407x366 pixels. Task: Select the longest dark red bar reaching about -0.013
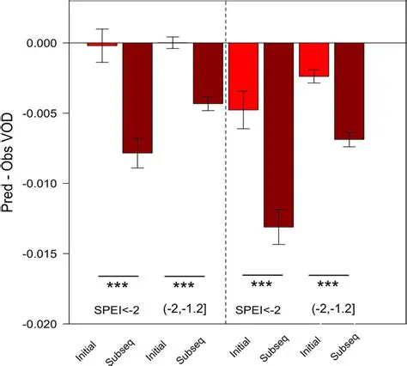tap(278, 135)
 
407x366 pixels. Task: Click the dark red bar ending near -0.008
tap(137, 98)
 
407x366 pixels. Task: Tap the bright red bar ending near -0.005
tap(243, 76)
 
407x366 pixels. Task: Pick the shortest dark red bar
tap(208, 73)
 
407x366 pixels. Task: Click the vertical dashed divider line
tap(225, 172)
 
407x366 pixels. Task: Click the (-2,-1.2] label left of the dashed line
tap(185, 307)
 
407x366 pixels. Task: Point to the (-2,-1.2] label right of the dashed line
tap(330, 307)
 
